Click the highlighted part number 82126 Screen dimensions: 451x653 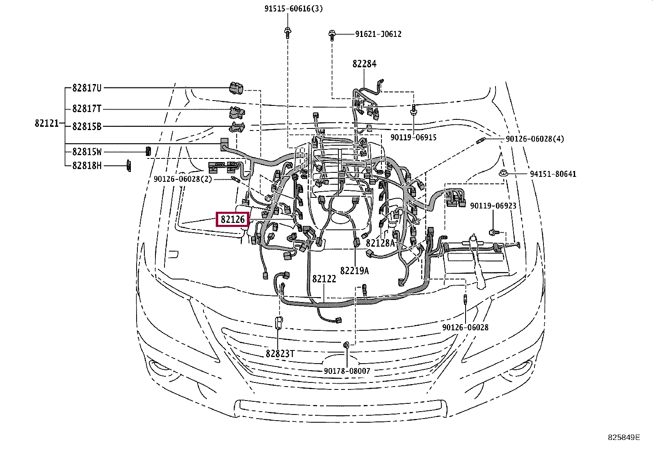(233, 220)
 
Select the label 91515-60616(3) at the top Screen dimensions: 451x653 (293, 9)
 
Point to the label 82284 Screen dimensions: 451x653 (364, 64)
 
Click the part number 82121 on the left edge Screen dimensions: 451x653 (47, 123)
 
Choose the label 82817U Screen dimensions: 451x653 (87, 88)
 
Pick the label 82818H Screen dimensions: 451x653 (87, 166)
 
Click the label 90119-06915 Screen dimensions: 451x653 (413, 137)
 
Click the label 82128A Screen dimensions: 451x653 (380, 243)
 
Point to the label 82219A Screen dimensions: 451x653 (354, 270)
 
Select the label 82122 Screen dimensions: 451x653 (324, 279)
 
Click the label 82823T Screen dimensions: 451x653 (280, 353)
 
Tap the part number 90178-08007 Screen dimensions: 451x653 (347, 371)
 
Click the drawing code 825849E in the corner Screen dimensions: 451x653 (623, 437)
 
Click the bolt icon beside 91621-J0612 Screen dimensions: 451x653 (333, 35)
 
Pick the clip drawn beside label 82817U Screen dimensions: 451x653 (236, 87)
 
